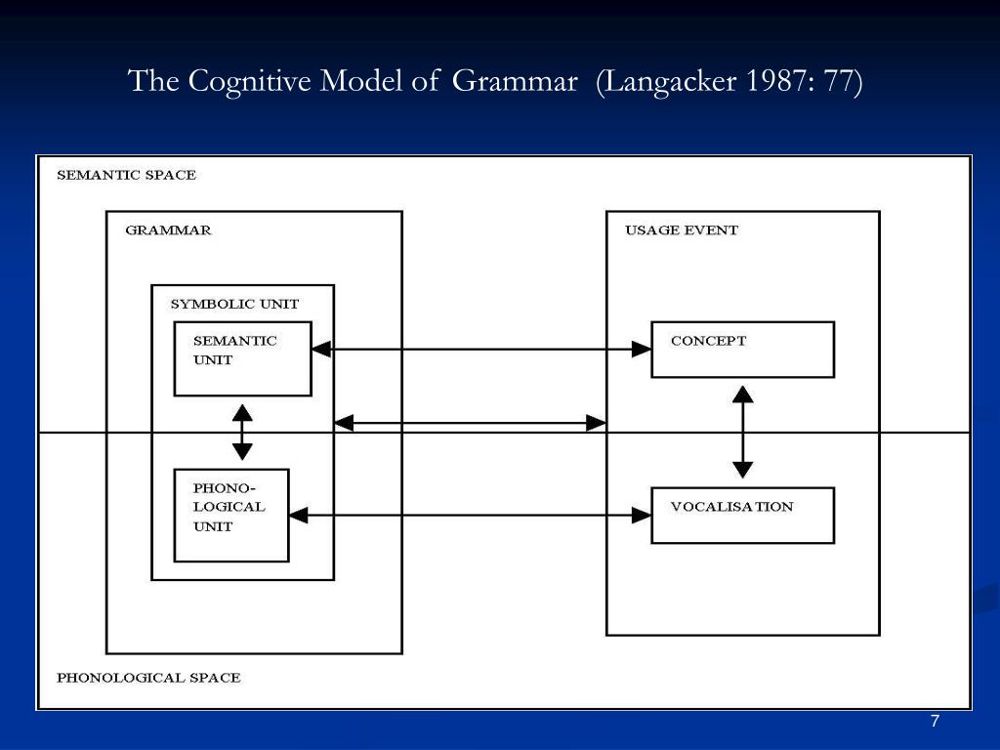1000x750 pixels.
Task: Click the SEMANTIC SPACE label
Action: click(x=126, y=176)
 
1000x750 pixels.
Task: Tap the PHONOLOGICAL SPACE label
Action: click(x=148, y=678)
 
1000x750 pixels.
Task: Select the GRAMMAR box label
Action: click(x=168, y=230)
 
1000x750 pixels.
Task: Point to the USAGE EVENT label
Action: click(x=682, y=230)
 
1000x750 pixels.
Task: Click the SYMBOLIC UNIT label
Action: click(x=234, y=304)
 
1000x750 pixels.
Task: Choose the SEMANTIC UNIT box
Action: click(x=242, y=358)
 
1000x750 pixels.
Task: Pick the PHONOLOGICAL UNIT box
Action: click(x=230, y=516)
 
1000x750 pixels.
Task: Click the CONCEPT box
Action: click(x=742, y=350)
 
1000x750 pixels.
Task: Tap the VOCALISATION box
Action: click(x=742, y=515)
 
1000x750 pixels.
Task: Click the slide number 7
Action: click(x=935, y=722)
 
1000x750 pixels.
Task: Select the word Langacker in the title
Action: click(x=673, y=81)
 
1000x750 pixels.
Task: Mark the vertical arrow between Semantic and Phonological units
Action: click(x=242, y=433)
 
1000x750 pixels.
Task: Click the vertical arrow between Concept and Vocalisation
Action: click(x=743, y=432)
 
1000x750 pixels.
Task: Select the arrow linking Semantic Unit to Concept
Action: click(x=481, y=349)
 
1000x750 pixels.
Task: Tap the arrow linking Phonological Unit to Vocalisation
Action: click(x=470, y=515)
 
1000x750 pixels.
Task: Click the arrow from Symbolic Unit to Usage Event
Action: click(x=470, y=423)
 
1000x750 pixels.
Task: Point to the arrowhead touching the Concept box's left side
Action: click(x=642, y=349)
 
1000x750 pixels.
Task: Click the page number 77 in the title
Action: click(x=838, y=81)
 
